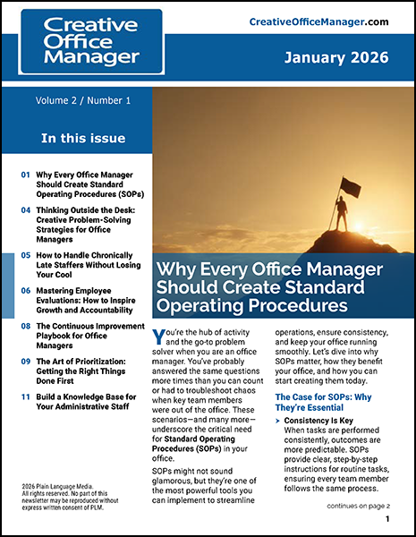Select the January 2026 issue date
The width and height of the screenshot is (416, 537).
pos(335,59)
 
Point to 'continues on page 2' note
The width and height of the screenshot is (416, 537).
pos(359,507)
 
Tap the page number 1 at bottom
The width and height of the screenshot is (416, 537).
pos(386,519)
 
